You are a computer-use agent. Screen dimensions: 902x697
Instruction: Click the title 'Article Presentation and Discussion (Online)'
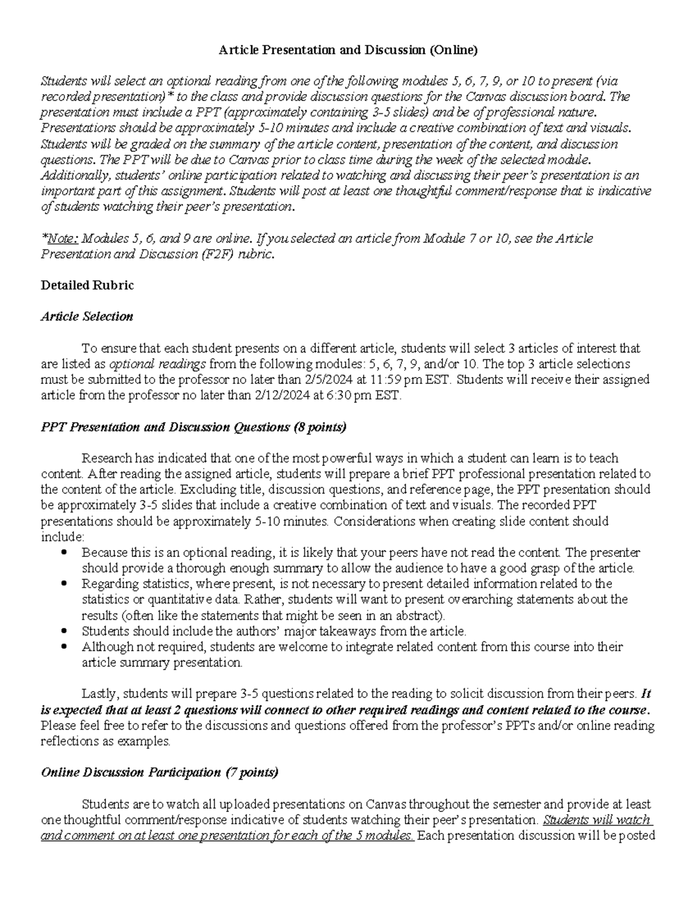click(x=347, y=51)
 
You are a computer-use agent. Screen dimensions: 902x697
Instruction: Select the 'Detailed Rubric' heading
click(x=87, y=285)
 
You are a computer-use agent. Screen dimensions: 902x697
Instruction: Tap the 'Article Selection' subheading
click(x=87, y=317)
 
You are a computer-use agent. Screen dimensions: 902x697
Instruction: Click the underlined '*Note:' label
click(x=60, y=239)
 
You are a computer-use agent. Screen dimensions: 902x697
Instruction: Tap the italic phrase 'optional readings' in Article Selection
click(x=157, y=364)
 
